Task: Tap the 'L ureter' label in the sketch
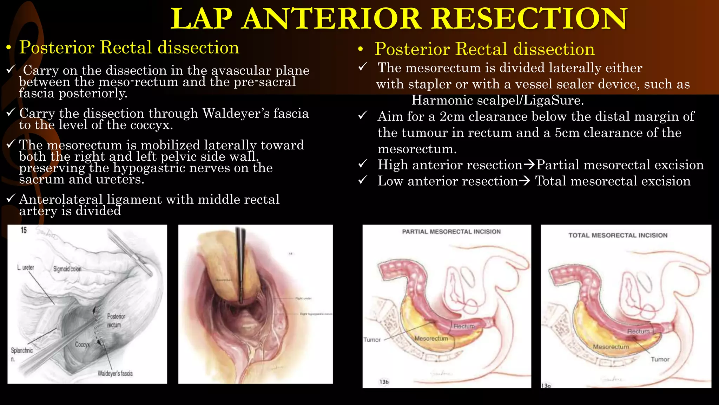(x=26, y=268)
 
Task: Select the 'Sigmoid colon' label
(x=67, y=269)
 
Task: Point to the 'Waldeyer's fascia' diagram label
(x=115, y=373)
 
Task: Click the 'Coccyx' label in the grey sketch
(x=83, y=345)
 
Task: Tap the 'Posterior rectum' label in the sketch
(x=116, y=320)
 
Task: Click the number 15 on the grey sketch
(x=24, y=230)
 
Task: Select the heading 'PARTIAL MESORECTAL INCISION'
(x=451, y=232)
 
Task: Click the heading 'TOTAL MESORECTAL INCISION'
(x=618, y=236)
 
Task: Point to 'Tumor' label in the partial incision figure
(x=372, y=340)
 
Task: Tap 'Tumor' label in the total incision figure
(x=660, y=359)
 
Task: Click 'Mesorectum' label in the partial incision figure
(x=431, y=339)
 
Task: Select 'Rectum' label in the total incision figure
(x=638, y=332)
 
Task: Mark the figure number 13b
(x=384, y=382)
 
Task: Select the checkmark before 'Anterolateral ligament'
(x=11, y=198)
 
